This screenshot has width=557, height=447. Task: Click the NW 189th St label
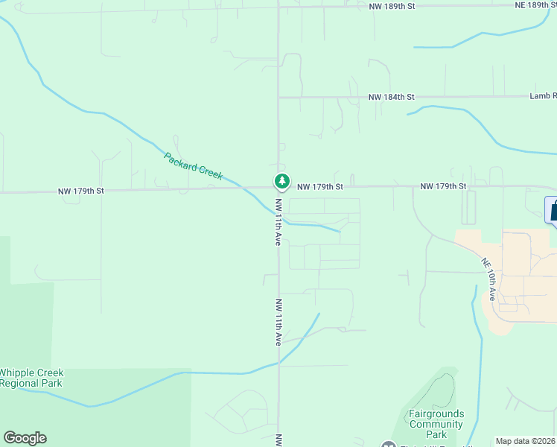click(x=391, y=5)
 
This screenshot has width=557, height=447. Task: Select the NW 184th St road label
click(x=391, y=97)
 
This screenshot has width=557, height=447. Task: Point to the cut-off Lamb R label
click(x=543, y=96)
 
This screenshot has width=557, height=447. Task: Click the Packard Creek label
click(x=193, y=165)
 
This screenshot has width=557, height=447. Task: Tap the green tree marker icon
click(x=281, y=181)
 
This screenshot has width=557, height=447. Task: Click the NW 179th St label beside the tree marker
click(x=319, y=186)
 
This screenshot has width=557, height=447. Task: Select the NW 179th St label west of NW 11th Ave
click(x=81, y=191)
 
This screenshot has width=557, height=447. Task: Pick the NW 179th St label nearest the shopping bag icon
click(x=442, y=186)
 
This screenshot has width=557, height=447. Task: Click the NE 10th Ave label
click(x=488, y=279)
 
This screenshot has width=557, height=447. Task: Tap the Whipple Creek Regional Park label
click(x=31, y=378)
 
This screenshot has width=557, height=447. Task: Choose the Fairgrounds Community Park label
click(x=436, y=424)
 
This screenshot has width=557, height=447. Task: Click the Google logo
click(x=25, y=438)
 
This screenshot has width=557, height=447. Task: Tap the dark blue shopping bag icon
click(x=553, y=210)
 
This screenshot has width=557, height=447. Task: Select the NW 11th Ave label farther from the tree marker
click(x=278, y=322)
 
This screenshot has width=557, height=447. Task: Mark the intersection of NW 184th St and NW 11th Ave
click(x=278, y=97)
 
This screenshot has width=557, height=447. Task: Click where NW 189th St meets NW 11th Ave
click(x=278, y=7)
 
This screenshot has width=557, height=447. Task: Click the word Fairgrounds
click(x=436, y=414)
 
